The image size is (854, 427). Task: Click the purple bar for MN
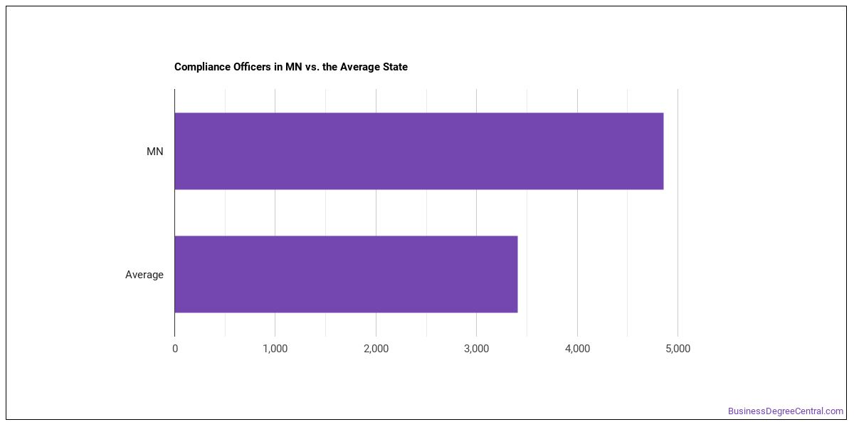pos(419,151)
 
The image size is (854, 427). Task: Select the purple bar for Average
pos(346,274)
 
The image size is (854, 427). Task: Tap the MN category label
pos(155,152)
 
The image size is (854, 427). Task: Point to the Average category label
pos(144,275)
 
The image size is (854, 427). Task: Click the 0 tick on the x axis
pos(175,349)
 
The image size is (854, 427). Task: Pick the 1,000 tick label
pos(275,349)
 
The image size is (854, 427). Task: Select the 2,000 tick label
pos(376,349)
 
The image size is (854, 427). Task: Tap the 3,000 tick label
pos(477,349)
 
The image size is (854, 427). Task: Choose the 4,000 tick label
pos(578,349)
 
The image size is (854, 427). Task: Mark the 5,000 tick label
pos(678,349)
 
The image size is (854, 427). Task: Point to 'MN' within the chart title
pos(293,67)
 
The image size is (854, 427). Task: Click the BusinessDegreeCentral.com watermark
pos(786,411)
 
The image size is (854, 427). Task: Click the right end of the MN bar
pos(663,151)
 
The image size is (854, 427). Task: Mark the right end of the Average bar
pos(518,274)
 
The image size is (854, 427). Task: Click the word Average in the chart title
pos(360,67)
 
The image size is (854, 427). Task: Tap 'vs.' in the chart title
pos(312,67)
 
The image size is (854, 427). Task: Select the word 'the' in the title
pos(330,67)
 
